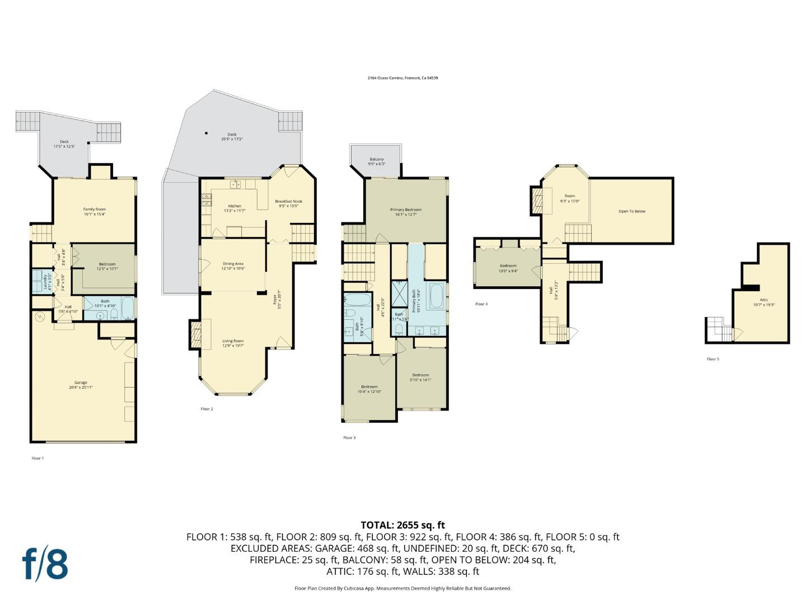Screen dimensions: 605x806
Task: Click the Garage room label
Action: tap(81, 385)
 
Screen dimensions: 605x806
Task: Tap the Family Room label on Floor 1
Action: tap(95, 211)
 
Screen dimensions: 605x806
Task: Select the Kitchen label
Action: tap(235, 208)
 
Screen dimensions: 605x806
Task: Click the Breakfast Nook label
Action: tap(288, 203)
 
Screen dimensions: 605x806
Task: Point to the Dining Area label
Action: tap(233, 266)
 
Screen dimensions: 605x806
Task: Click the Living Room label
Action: tap(233, 343)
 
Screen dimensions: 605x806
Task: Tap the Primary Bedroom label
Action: tap(405, 212)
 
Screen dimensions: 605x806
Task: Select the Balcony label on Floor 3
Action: tap(376, 161)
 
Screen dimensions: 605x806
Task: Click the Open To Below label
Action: tap(631, 211)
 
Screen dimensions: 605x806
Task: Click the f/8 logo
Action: tap(45, 564)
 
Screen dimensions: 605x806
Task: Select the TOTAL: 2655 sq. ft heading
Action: tap(402, 525)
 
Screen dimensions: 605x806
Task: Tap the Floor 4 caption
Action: tap(481, 304)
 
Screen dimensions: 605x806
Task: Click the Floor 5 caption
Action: tap(713, 359)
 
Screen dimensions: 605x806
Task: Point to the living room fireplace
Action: tap(195, 334)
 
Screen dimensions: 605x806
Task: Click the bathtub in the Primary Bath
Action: tap(436, 296)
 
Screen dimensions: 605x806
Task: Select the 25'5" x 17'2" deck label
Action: tap(232, 137)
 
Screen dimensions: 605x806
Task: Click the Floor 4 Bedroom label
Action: tap(508, 268)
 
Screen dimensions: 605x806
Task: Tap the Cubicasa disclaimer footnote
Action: tap(402, 588)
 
